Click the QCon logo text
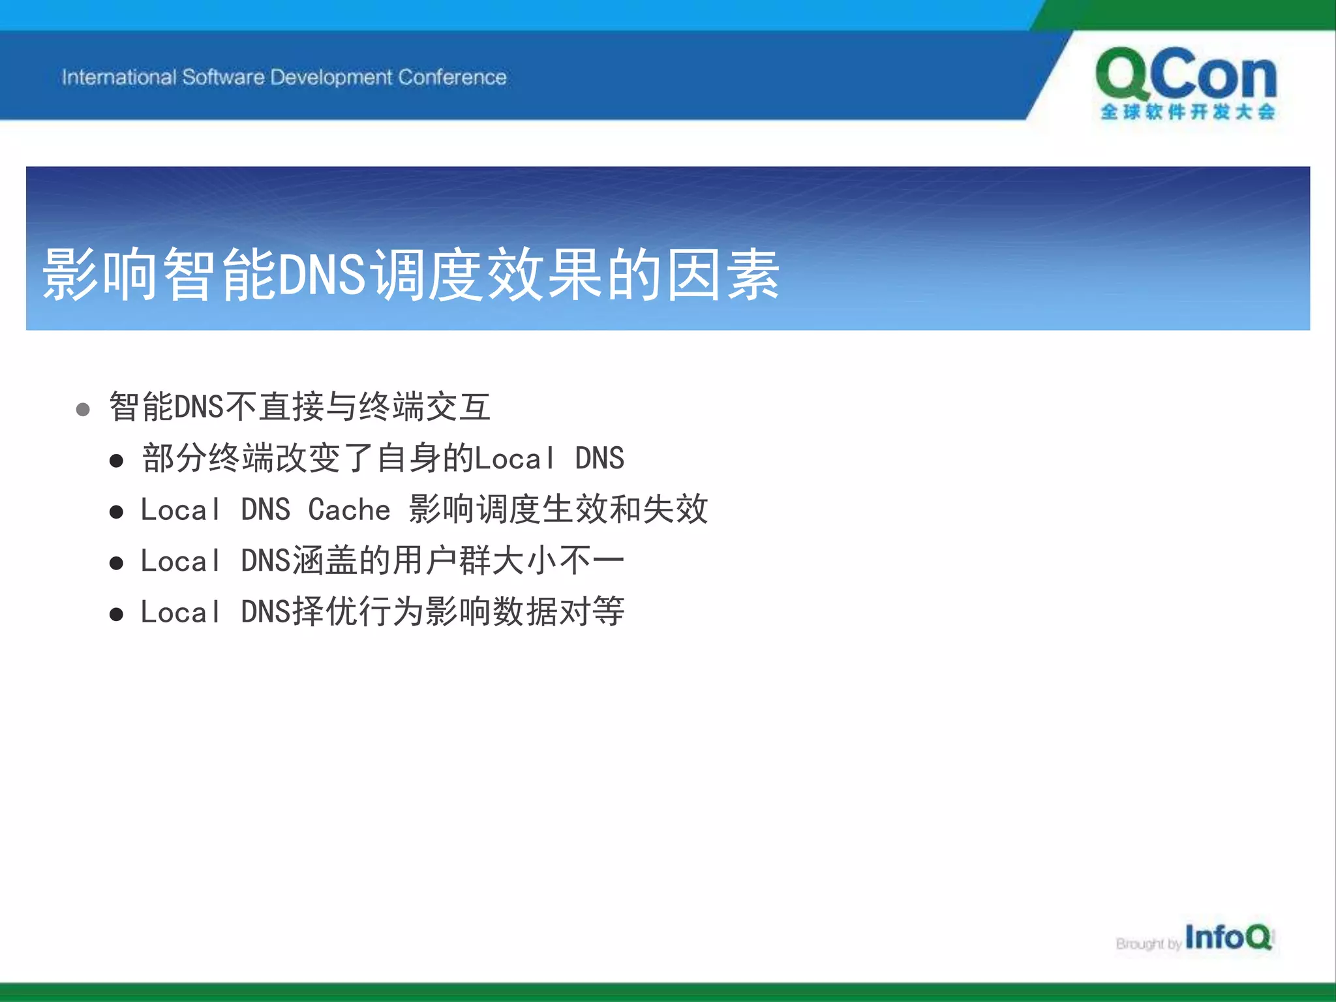tap(1186, 75)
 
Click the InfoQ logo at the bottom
tap(1228, 938)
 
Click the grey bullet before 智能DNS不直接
tap(83, 410)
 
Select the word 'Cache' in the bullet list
tap(349, 509)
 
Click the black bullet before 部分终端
tap(116, 461)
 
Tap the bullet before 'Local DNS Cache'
tap(116, 512)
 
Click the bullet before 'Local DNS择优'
tap(116, 614)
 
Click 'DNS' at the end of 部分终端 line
tap(599, 458)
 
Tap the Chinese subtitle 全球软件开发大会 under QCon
tap(1187, 112)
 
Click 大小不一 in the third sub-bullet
tap(558, 560)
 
